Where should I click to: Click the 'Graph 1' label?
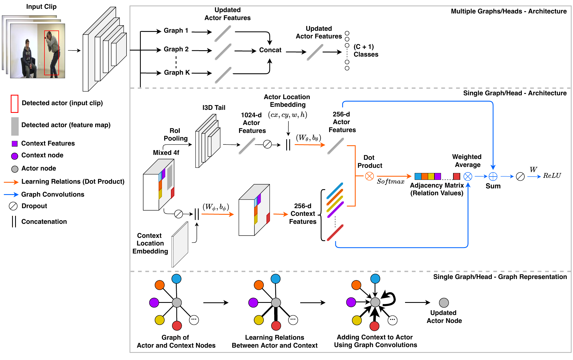click(176, 30)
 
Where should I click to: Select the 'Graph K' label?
click(177, 72)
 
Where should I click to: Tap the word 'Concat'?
click(270, 50)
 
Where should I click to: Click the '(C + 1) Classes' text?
click(366, 51)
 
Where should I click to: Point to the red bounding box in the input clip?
click(52, 53)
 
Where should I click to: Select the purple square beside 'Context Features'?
click(15, 144)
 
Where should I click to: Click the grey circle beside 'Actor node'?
click(15, 169)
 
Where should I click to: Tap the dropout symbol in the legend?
click(13, 206)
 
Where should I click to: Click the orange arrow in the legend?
click(11, 182)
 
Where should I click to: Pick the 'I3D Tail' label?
click(214, 108)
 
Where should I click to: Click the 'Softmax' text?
click(391, 182)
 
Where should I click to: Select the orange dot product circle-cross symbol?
click(369, 176)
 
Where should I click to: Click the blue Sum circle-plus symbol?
click(493, 176)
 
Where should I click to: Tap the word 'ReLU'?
click(552, 175)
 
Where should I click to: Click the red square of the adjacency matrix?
click(456, 176)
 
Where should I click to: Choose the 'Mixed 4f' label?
click(166, 153)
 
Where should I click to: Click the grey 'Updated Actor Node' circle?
click(444, 303)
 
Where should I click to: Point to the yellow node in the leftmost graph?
click(160, 320)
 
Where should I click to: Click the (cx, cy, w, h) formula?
click(288, 115)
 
